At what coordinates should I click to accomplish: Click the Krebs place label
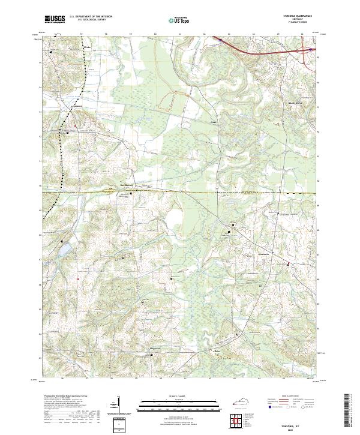(86, 46)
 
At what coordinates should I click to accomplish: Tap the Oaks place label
(212, 124)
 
